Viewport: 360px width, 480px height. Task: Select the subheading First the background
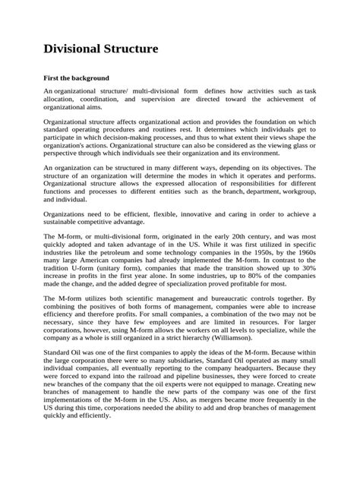76,77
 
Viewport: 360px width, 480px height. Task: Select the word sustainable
63,223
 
